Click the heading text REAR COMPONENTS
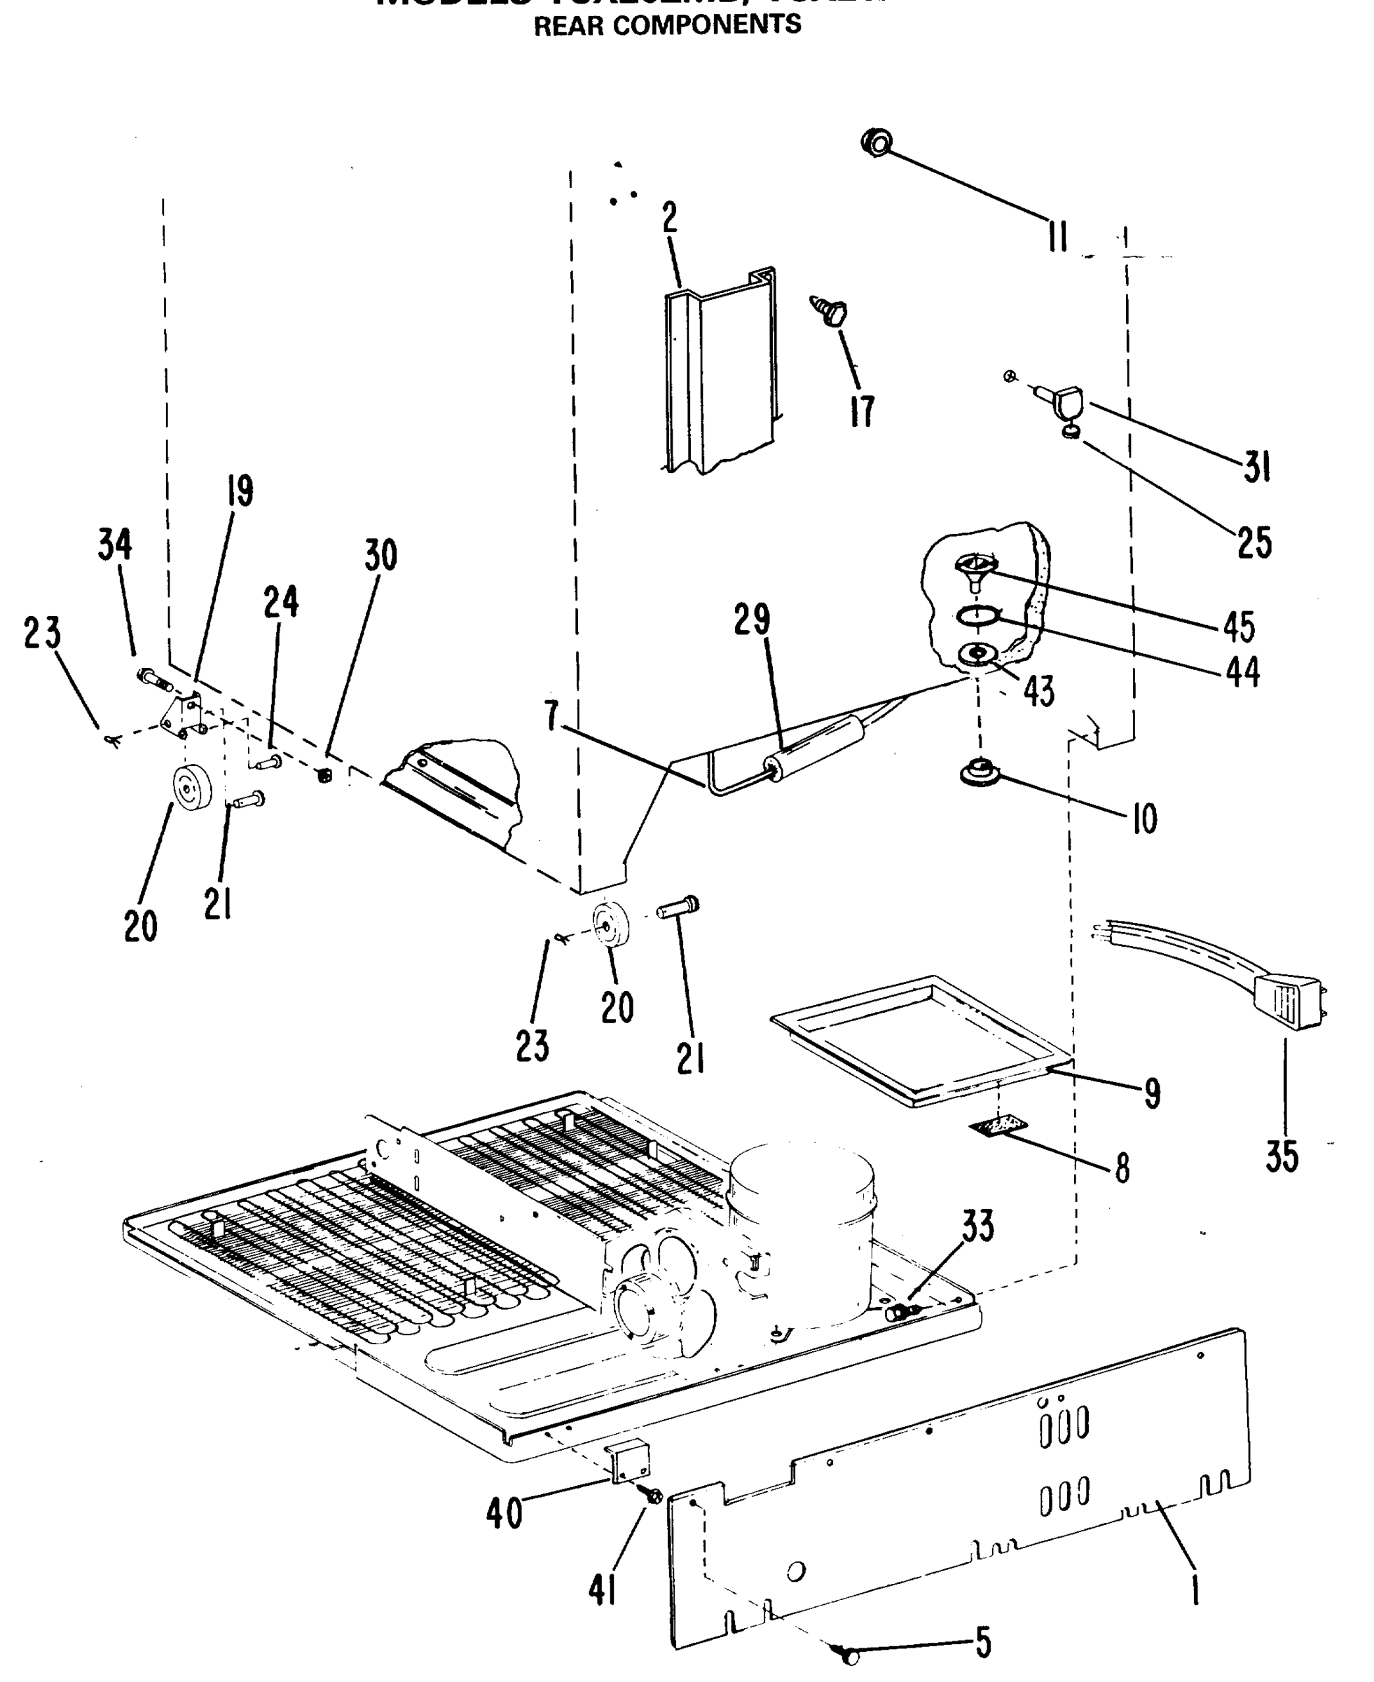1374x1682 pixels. (667, 25)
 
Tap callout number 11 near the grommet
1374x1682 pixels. (1057, 236)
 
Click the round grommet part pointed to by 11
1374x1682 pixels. (875, 142)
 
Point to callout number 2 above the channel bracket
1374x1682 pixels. (671, 218)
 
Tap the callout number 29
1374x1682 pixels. (751, 619)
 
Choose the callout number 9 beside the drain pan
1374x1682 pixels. (1153, 1093)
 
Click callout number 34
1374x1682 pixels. (115, 545)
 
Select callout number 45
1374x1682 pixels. (1239, 627)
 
